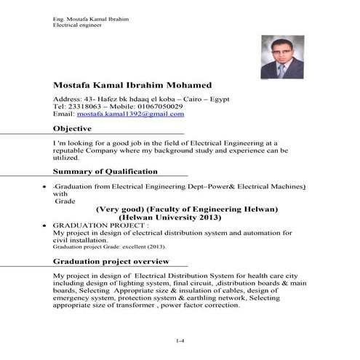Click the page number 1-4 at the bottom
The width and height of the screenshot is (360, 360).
180,340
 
